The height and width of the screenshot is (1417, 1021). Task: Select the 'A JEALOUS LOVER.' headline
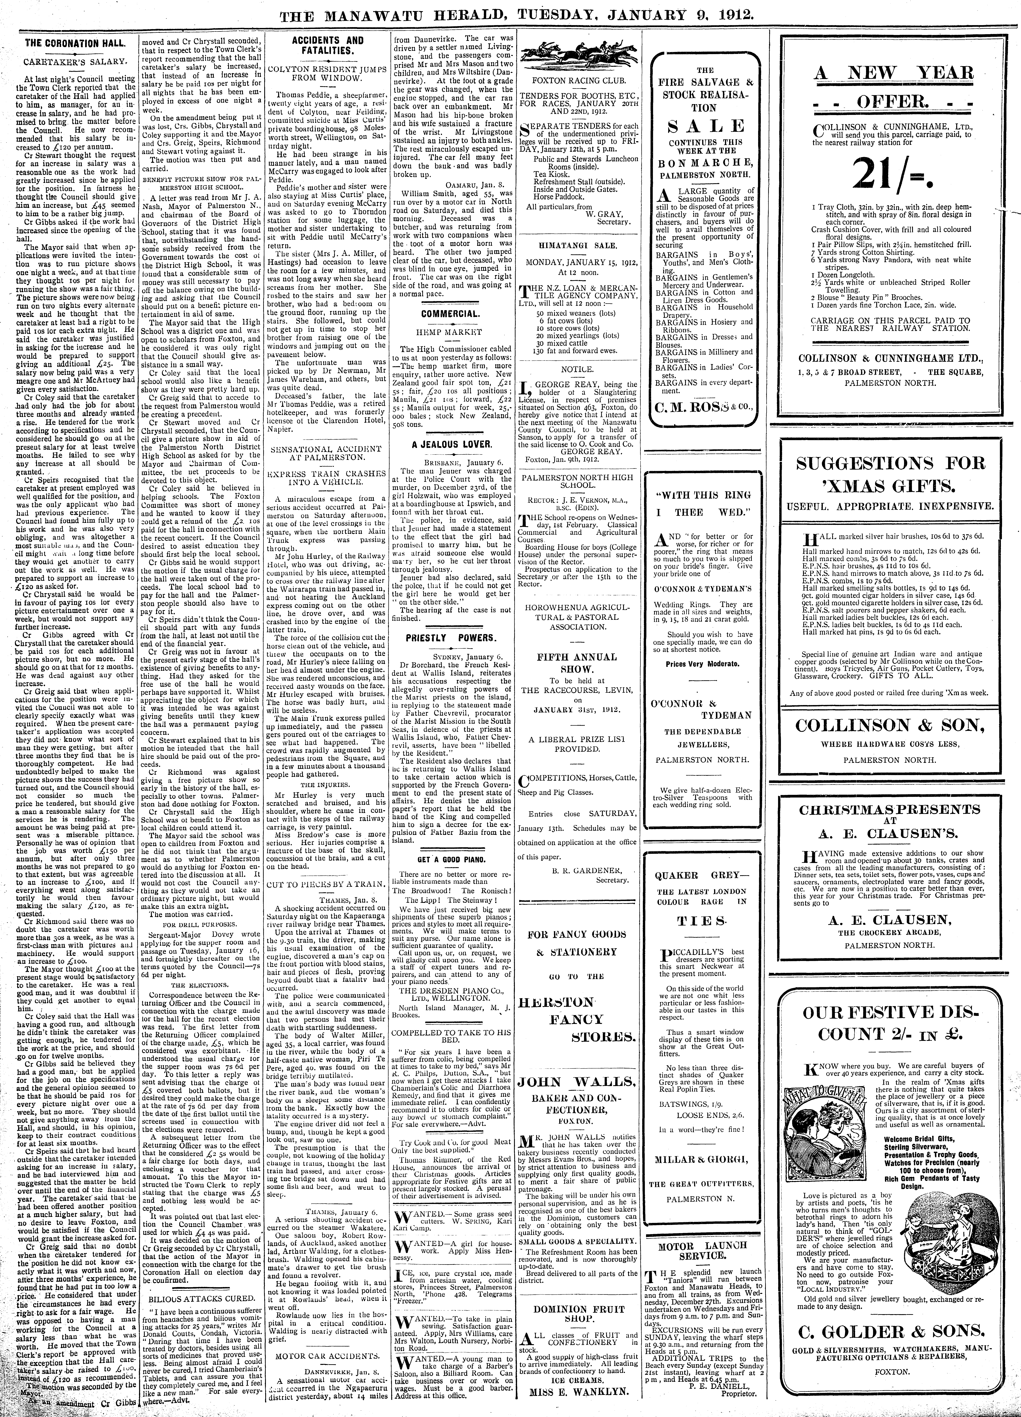[447, 444]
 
